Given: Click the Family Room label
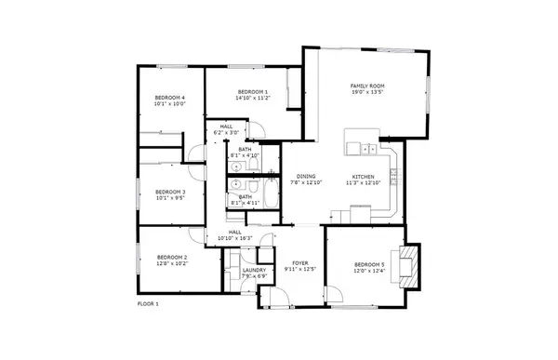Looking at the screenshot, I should click(366, 86).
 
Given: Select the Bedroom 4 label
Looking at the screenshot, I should click(170, 98).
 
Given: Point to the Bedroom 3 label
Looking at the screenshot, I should click(170, 192).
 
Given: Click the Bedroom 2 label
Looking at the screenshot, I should click(172, 257).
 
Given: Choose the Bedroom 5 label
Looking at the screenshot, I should click(368, 264).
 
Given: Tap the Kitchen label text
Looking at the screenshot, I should click(363, 176).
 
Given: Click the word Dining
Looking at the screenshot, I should click(306, 176).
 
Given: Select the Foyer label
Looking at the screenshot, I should click(300, 263).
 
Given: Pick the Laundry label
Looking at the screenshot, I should click(254, 270).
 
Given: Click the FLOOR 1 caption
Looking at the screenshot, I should click(148, 304).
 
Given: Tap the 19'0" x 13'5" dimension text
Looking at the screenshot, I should click(366, 92).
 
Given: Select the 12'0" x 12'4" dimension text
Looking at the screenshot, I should click(368, 271).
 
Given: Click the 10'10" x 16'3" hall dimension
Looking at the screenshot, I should click(235, 239).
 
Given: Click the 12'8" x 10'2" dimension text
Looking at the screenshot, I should click(172, 263).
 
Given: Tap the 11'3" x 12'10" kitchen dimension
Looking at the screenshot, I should click(363, 182).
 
